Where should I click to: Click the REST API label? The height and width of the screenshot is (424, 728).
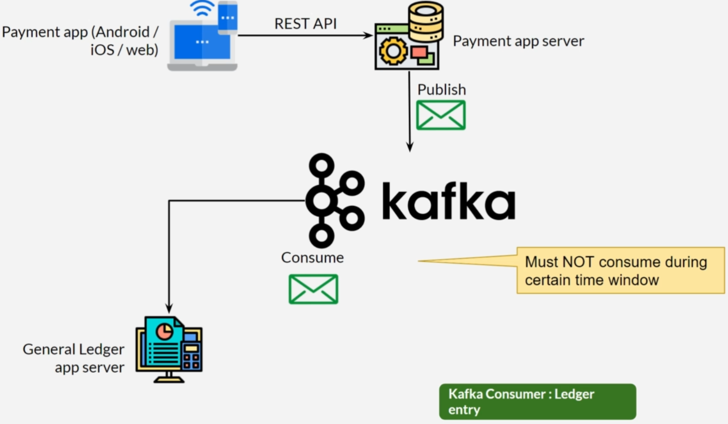305,24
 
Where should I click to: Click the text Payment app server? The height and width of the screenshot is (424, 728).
518,41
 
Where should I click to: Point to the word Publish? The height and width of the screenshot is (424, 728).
441,89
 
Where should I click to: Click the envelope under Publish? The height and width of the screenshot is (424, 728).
441,115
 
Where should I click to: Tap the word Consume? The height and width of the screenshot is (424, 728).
312,258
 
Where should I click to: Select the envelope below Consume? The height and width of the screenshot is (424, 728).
313,289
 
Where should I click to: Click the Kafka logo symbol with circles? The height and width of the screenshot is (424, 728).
334,200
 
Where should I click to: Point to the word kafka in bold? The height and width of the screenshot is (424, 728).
448,201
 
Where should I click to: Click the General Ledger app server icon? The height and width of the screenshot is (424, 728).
169,350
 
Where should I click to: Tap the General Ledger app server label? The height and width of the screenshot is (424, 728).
74,358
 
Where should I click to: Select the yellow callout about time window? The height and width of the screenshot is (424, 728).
620,270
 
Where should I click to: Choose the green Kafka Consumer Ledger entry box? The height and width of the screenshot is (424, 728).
537,402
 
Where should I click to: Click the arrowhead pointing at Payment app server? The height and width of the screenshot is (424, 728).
369,35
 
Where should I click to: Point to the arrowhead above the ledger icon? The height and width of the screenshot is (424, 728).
169,308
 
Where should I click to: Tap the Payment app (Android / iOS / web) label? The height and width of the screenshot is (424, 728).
80,41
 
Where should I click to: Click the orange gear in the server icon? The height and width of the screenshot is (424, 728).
393,51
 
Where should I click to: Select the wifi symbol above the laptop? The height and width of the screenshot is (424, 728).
202,8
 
